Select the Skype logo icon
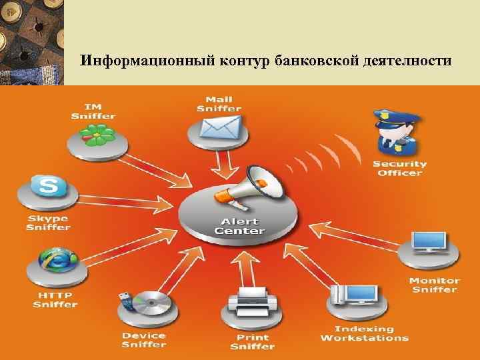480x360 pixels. click(x=49, y=186)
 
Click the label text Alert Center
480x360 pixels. click(x=239, y=226)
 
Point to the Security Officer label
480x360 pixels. click(x=399, y=168)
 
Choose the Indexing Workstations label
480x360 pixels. click(x=364, y=333)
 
